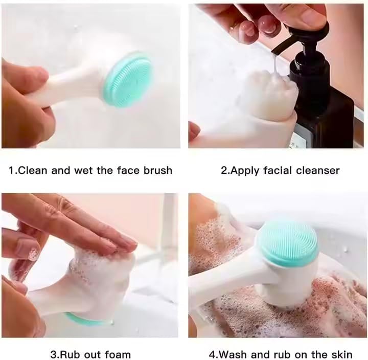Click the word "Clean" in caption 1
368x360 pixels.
point(32,170)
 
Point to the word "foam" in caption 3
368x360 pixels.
point(118,354)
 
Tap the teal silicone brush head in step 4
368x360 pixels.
point(287,242)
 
